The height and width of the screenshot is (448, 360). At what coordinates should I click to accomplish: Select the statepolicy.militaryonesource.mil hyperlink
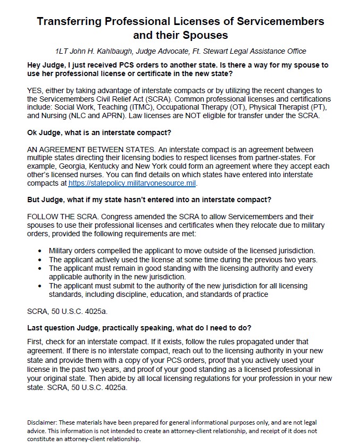132,183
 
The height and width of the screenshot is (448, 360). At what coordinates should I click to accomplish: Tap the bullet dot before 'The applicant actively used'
41,260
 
